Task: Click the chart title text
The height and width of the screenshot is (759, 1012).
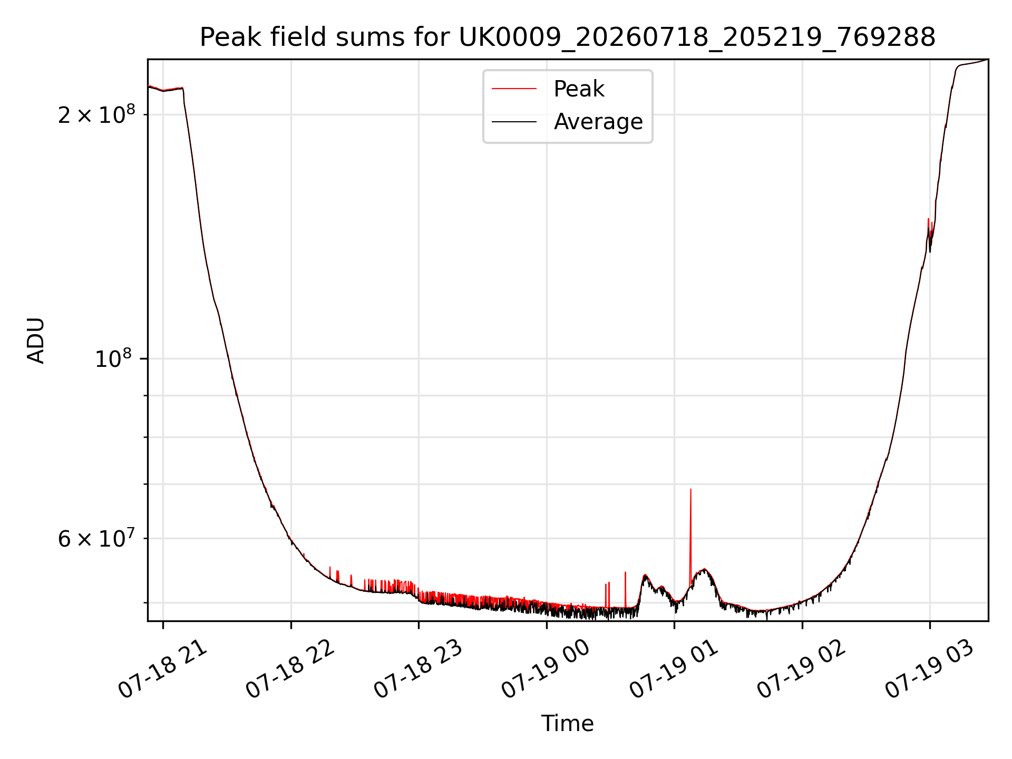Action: tap(568, 37)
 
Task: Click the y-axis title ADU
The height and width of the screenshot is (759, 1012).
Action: tap(36, 340)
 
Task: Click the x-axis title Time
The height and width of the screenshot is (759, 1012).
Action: tap(567, 724)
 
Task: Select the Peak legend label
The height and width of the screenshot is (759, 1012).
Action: tap(579, 89)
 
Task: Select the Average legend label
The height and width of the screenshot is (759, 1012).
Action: tap(598, 122)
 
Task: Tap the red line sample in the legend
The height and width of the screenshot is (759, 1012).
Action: tap(514, 89)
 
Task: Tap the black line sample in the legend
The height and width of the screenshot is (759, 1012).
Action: tap(514, 122)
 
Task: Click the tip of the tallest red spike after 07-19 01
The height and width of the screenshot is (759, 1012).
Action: tap(690, 489)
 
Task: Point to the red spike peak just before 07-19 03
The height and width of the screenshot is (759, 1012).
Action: tap(928, 219)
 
